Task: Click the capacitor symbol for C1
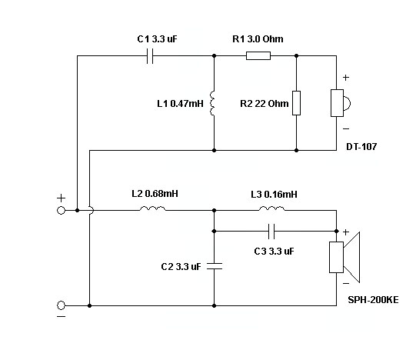(150, 56)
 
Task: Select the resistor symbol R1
(258, 55)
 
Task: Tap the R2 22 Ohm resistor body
(296, 103)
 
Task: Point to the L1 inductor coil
(212, 103)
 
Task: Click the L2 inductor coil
(152, 208)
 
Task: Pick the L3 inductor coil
(271, 208)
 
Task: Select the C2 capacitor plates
(215, 266)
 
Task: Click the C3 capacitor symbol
(271, 232)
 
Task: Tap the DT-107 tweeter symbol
(340, 103)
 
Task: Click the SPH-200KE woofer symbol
(344, 257)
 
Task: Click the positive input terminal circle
(61, 210)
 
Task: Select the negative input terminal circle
(61, 305)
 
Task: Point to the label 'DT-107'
(361, 147)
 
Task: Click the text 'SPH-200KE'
(373, 300)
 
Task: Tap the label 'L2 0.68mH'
(155, 194)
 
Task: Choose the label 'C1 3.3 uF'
(157, 39)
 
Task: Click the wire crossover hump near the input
(92, 210)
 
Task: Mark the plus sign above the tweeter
(346, 78)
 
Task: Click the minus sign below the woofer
(346, 284)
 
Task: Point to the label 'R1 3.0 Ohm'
(258, 39)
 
